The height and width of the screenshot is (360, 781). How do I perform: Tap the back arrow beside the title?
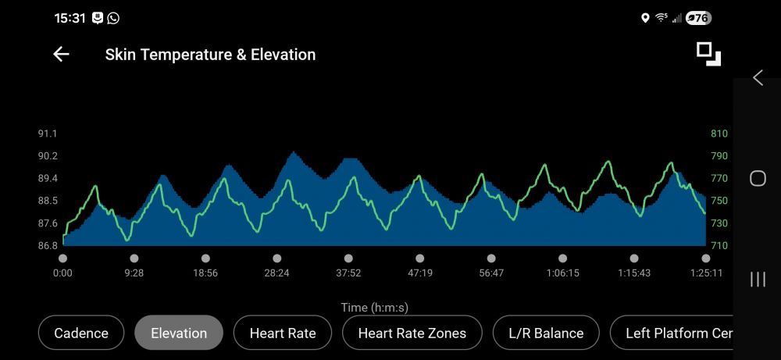tap(61, 55)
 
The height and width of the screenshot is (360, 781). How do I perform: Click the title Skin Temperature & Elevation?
tap(210, 55)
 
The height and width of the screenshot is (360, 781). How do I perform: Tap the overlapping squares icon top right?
tap(708, 54)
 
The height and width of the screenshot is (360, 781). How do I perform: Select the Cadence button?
tap(81, 333)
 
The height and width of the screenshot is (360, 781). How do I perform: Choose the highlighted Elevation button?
tap(179, 333)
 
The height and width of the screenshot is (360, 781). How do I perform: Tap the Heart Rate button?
tap(283, 333)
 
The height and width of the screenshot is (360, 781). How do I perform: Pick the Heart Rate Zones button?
tap(412, 333)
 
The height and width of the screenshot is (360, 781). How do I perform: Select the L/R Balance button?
tap(546, 333)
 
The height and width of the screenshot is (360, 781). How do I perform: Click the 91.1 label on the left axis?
tap(48, 134)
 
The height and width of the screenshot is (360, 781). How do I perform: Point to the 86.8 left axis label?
tap(48, 246)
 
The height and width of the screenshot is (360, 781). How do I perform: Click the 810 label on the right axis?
tap(719, 134)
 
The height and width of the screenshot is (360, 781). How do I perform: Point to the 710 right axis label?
tap(719, 246)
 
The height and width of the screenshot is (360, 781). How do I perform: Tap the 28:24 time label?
tap(276, 273)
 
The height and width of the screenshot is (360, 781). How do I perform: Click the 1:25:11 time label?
tap(705, 273)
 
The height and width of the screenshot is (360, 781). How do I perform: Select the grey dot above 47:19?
tap(420, 258)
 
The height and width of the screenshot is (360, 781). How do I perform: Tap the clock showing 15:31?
tap(70, 18)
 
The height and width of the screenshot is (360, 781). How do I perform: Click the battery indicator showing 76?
tap(698, 18)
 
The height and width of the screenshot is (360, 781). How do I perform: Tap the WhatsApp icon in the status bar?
tap(114, 18)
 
